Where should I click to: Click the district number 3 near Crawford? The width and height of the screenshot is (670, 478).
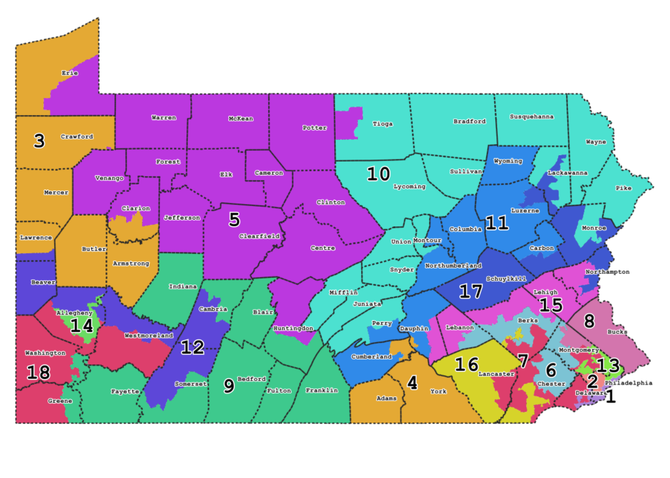point(39,141)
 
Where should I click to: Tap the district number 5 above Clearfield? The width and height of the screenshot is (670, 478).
point(234,219)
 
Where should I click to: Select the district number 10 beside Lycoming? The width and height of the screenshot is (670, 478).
point(378,175)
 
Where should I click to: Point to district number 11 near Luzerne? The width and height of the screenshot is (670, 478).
point(497,223)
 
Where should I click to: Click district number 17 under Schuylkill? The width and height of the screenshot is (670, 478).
point(471,291)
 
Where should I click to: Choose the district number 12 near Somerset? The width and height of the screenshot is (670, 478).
point(192,347)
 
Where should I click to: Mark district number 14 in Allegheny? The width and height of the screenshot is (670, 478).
point(82,326)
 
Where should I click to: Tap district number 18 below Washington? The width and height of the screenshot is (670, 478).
point(38,373)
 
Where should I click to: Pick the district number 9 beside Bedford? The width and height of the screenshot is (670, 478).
point(229,386)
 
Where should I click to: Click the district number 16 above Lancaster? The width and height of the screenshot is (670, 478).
point(467,364)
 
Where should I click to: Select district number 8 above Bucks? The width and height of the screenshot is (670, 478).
point(589,321)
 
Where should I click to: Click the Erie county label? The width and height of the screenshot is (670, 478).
point(69,73)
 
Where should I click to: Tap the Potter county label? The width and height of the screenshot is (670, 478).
point(315,128)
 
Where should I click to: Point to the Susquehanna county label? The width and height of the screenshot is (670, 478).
point(531,116)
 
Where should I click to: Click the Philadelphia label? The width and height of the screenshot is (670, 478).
point(628,383)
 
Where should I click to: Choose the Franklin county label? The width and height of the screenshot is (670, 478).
point(322,390)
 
